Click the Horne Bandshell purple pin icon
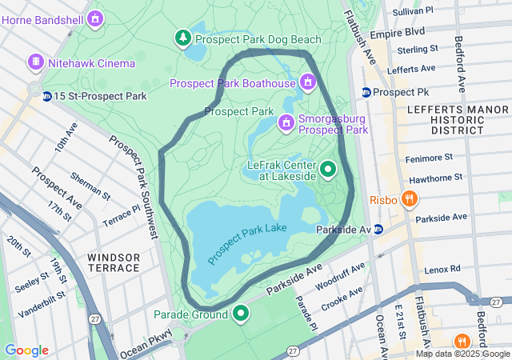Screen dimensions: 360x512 click(x=96, y=17)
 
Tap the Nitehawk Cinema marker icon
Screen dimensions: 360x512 click(x=35, y=62)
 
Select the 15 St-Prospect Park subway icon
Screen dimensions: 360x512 click(x=47, y=96)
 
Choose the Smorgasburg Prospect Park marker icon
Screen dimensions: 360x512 click(x=286, y=122)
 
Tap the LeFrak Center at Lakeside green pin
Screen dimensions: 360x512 click(x=328, y=170)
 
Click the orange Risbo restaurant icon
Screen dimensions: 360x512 click(x=409, y=198)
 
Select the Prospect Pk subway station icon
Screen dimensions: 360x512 click(x=366, y=92)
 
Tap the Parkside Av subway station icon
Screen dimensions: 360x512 click(x=378, y=230)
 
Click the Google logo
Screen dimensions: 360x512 click(x=26, y=350)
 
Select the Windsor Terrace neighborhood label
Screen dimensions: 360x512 click(x=114, y=262)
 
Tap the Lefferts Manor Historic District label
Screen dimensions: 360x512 click(x=446, y=118)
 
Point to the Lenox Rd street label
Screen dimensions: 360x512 click(x=444, y=270)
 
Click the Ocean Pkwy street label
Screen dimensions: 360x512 click(x=145, y=343)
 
